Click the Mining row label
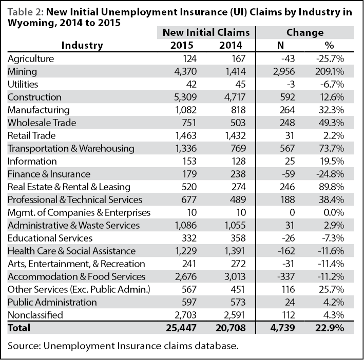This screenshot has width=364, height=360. click(x=22, y=72)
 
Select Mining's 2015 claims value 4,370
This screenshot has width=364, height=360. click(x=185, y=72)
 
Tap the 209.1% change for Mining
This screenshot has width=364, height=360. click(x=330, y=72)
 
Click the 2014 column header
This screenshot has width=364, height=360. click(x=231, y=45)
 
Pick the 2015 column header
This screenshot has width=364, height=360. click(x=182, y=45)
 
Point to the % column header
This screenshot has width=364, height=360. click(x=330, y=45)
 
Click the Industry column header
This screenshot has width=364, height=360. click(x=82, y=46)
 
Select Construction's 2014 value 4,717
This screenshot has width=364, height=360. click(x=235, y=97)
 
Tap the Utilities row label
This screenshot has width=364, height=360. click(x=23, y=85)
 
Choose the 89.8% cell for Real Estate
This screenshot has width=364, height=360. click(x=331, y=187)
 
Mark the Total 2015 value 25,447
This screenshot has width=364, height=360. click(x=181, y=328)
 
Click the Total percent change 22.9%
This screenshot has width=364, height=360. click(x=330, y=328)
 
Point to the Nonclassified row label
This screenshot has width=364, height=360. click(x=35, y=315)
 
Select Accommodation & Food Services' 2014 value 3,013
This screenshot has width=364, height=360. click(x=235, y=276)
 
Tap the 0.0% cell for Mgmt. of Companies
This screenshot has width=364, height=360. click(x=334, y=213)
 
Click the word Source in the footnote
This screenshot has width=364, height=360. click(x=25, y=346)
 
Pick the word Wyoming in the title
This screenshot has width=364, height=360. click(x=31, y=23)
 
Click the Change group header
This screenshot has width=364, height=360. click(x=305, y=33)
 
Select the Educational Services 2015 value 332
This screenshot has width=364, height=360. click(x=189, y=238)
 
